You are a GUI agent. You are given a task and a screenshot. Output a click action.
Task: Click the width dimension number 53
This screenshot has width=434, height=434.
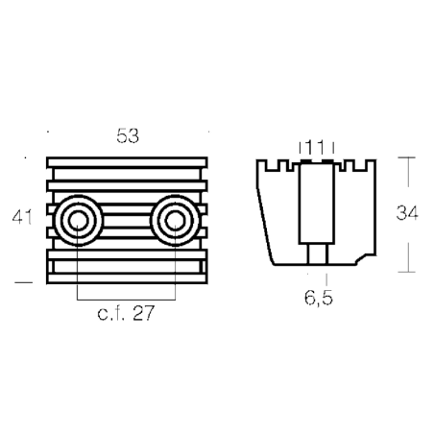128,135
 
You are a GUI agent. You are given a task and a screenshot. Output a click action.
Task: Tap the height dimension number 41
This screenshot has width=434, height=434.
22,217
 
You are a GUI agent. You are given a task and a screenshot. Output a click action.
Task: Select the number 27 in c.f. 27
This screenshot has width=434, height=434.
143,313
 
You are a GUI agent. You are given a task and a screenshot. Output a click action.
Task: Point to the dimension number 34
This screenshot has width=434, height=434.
407,213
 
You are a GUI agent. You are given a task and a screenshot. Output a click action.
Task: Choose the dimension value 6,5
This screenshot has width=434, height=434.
319,299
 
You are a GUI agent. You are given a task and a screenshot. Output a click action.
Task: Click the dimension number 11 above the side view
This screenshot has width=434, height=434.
316,148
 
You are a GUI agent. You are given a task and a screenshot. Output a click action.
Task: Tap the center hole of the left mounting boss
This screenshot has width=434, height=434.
78,221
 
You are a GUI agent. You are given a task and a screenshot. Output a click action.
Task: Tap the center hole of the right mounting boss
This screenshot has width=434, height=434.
176,221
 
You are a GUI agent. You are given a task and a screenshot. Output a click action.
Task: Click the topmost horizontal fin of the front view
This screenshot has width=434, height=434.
127,162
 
